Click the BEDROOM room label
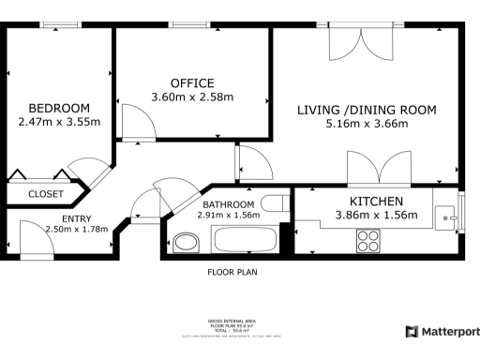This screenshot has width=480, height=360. point(59,108)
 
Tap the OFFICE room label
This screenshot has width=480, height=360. point(192,82)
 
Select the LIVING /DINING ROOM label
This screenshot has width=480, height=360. point(367,110)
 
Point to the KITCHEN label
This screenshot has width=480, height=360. point(376,202)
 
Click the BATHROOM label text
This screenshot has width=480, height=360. point(229,204)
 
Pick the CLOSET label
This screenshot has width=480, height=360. point(46,194)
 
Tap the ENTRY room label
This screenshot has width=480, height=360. point(65,217)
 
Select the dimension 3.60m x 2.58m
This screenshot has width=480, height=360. point(192,96)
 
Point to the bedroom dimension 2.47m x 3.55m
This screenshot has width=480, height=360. point(59,121)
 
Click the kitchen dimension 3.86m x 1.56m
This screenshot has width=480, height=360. point(376,216)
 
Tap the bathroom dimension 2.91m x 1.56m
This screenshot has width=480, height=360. point(229,215)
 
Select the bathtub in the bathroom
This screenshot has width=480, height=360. point(246,239)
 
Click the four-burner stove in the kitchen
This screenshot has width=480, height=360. point(367,241)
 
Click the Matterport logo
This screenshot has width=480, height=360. point(442,332)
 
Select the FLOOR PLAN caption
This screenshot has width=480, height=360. point(232,273)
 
